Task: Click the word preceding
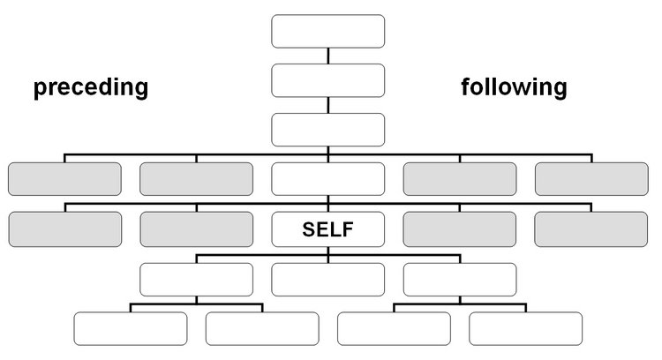click(91, 87)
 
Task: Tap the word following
click(514, 87)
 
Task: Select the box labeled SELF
click(328, 229)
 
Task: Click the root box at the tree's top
click(328, 31)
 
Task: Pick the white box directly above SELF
click(328, 179)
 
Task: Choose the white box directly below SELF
click(328, 280)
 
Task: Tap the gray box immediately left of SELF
click(197, 229)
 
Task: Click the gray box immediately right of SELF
click(460, 229)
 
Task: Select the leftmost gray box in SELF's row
click(65, 229)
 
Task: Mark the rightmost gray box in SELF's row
click(591, 229)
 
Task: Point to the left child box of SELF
click(196, 280)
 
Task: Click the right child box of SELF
click(460, 280)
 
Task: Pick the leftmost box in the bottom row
click(131, 329)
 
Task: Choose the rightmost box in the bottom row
click(526, 329)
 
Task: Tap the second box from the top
click(328, 80)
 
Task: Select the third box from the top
click(328, 130)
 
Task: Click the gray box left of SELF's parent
click(196, 179)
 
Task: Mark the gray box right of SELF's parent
click(460, 179)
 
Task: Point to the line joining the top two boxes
click(328, 56)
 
